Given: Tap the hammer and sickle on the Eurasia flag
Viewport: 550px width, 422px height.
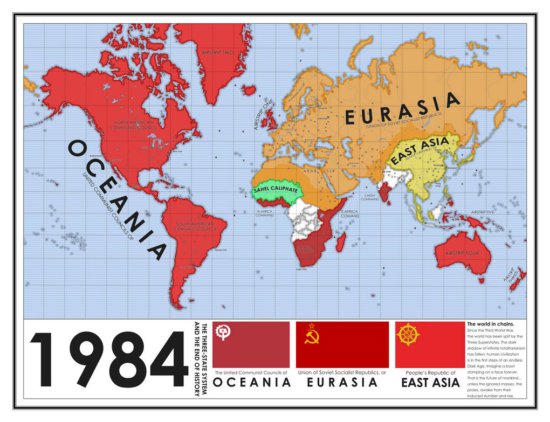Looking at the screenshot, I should [x=311, y=338].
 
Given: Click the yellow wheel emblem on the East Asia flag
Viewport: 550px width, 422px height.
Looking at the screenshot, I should [x=408, y=334].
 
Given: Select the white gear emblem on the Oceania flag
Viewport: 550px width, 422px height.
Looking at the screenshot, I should [x=223, y=333].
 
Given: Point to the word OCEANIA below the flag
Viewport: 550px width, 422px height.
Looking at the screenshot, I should [x=252, y=383].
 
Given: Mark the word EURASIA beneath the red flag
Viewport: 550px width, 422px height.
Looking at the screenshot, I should [x=342, y=383].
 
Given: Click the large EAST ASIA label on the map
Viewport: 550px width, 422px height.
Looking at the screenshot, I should [x=420, y=150].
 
